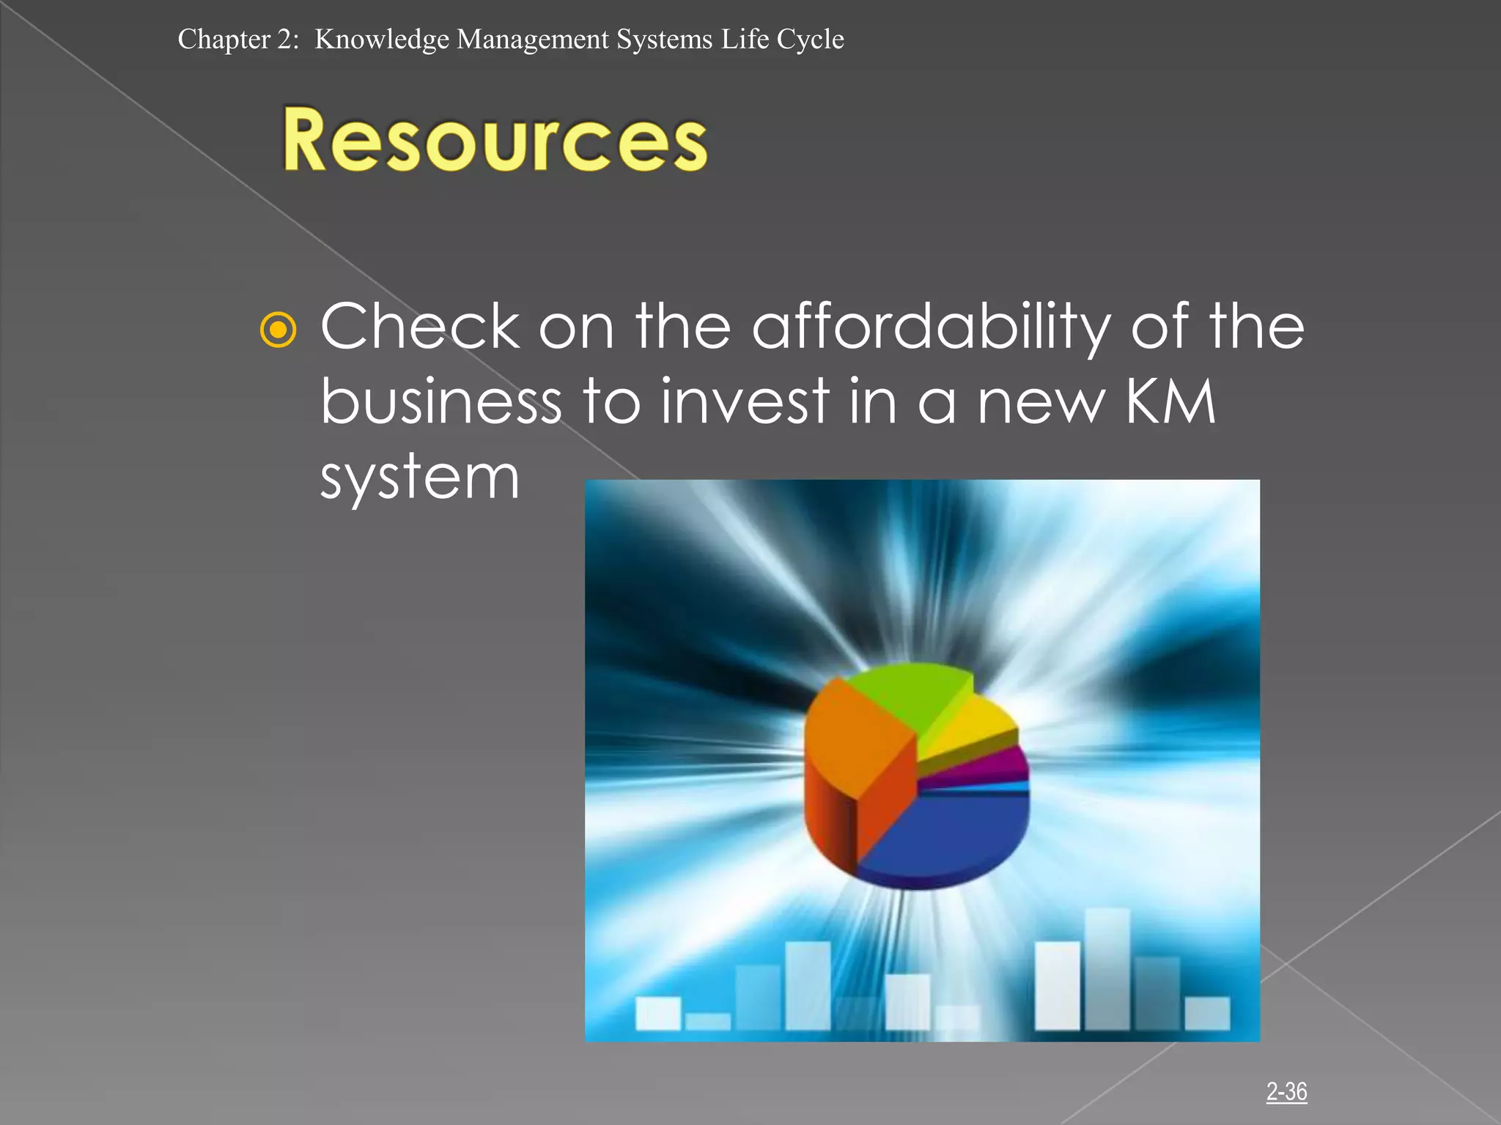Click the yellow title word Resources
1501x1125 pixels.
pos(495,141)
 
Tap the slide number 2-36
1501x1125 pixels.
pos(1286,1091)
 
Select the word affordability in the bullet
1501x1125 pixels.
pos(931,327)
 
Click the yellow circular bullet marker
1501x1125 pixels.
pos(279,330)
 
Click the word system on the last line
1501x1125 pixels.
pos(420,478)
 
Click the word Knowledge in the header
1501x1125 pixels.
pos(381,39)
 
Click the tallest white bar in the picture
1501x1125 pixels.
pos(1107,967)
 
